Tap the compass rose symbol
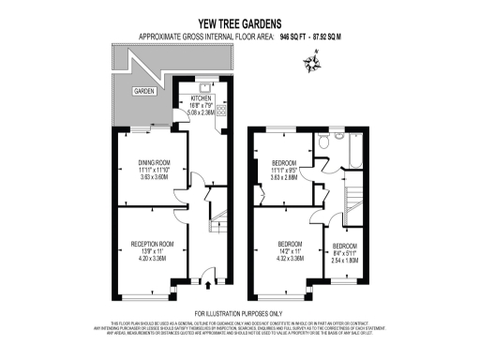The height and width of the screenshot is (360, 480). pos(311,63)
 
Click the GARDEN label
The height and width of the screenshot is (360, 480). pos(143,91)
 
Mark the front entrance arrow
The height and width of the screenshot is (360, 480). pos(195,284)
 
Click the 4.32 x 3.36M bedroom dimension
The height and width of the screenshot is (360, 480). pos(285,258)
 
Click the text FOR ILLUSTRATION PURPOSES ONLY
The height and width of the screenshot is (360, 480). pos(238,312)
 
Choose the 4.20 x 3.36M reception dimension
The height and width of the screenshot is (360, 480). pos(153,258)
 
